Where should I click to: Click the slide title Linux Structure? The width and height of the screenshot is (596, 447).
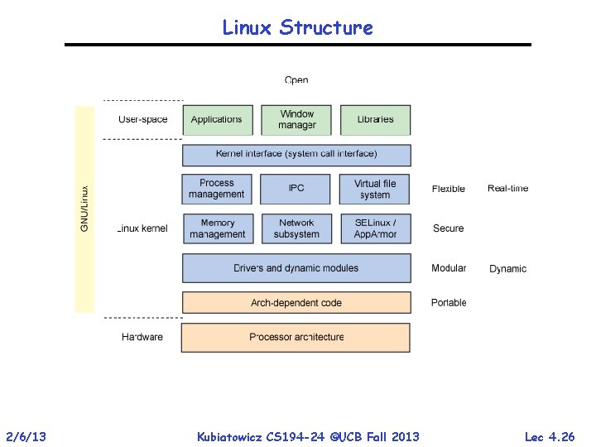coord(297,27)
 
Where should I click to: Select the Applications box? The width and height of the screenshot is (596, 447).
coord(216,120)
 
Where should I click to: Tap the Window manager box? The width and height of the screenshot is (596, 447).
coord(296,120)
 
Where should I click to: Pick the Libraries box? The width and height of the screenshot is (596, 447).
coord(375,120)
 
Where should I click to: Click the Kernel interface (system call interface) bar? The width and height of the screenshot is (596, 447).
coord(296,155)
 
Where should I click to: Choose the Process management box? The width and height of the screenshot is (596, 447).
coord(216,189)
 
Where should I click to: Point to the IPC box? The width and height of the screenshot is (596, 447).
coord(296,189)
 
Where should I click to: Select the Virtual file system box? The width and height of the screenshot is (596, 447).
coord(375,189)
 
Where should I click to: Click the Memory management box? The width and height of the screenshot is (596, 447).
coord(216,228)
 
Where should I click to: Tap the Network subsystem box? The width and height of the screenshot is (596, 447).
coord(296,228)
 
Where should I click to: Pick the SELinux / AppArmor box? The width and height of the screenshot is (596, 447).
coord(375,228)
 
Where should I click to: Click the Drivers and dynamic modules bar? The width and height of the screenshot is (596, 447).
coord(296,268)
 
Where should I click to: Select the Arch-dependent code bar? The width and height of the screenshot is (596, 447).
coord(296,303)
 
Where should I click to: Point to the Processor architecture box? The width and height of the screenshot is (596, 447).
coord(296,338)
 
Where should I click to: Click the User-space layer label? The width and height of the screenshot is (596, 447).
coord(142,120)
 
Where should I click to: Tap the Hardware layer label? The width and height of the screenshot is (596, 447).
coord(142,338)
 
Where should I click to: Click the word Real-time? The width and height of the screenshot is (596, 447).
coord(507,189)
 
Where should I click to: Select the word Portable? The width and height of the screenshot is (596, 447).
coord(449,303)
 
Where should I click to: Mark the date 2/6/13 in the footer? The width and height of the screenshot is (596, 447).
coord(26,436)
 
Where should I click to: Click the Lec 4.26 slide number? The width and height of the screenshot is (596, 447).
coord(550,436)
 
